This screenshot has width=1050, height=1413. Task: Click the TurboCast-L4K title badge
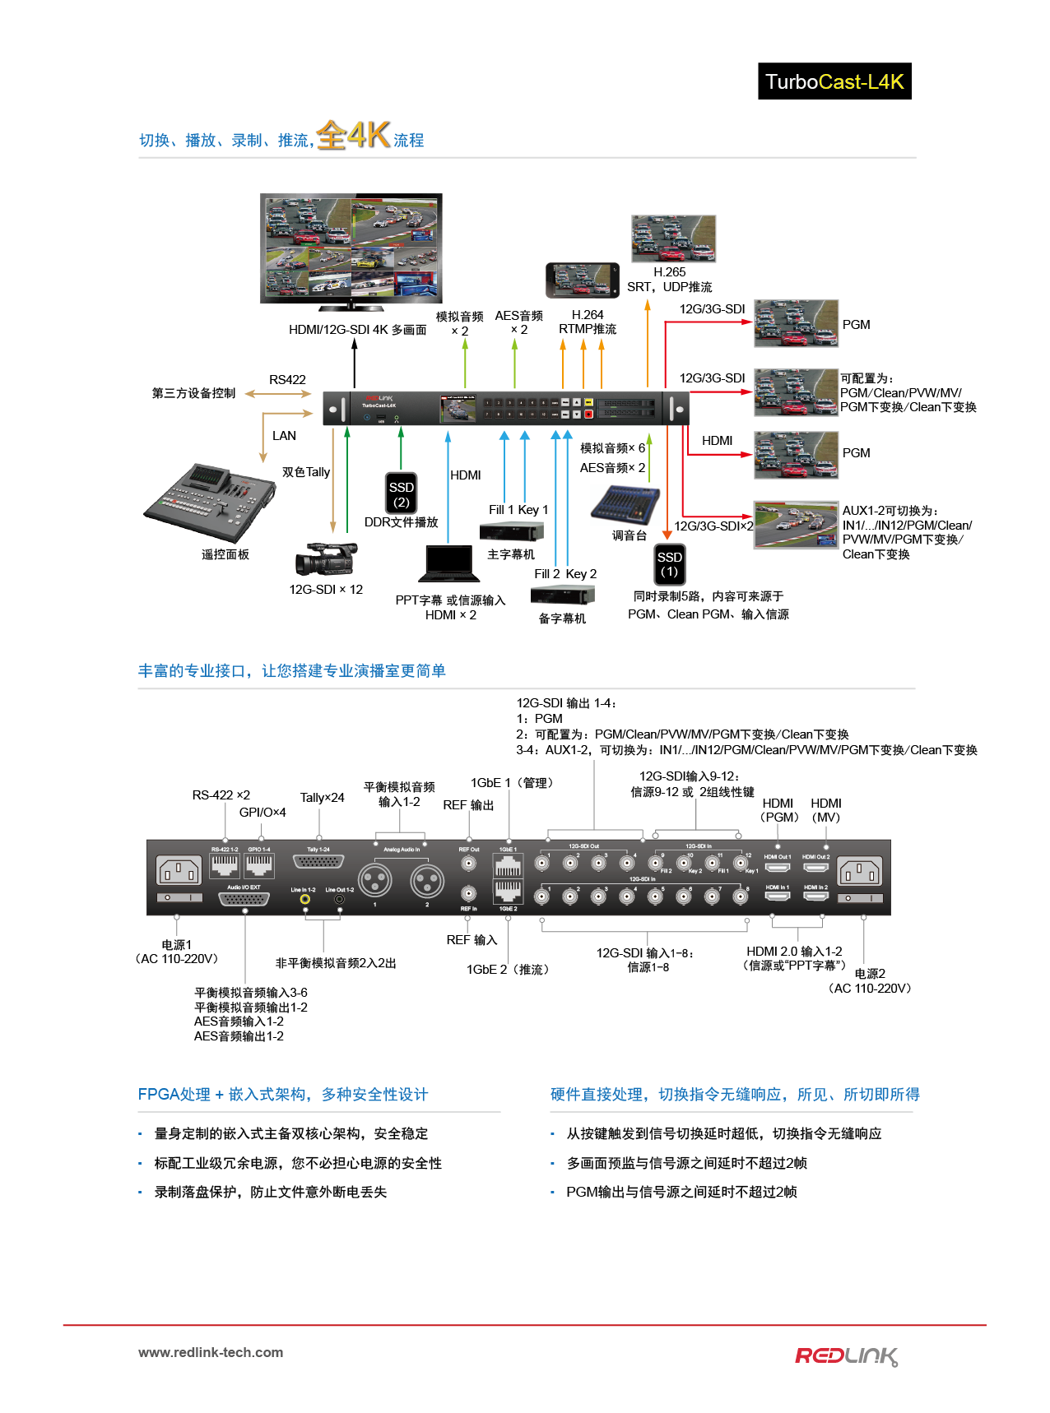834,81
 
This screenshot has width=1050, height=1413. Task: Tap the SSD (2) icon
401,493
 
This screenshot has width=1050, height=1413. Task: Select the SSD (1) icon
669,564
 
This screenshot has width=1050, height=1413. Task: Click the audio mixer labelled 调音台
625,503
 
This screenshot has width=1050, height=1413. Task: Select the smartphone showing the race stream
582,280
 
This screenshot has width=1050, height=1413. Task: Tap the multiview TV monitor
351,249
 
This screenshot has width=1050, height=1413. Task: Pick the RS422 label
287,380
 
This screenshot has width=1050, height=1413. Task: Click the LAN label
284,436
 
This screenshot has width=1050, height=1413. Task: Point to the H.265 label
669,272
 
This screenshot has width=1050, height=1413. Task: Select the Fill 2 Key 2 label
565,574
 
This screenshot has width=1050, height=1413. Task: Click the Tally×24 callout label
322,798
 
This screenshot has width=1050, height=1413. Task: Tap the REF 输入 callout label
472,940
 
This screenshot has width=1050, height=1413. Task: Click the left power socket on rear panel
179,870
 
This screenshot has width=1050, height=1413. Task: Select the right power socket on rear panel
860,870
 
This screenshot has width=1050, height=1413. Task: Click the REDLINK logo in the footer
846,1356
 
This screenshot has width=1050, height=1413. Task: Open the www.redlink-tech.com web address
211,1352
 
